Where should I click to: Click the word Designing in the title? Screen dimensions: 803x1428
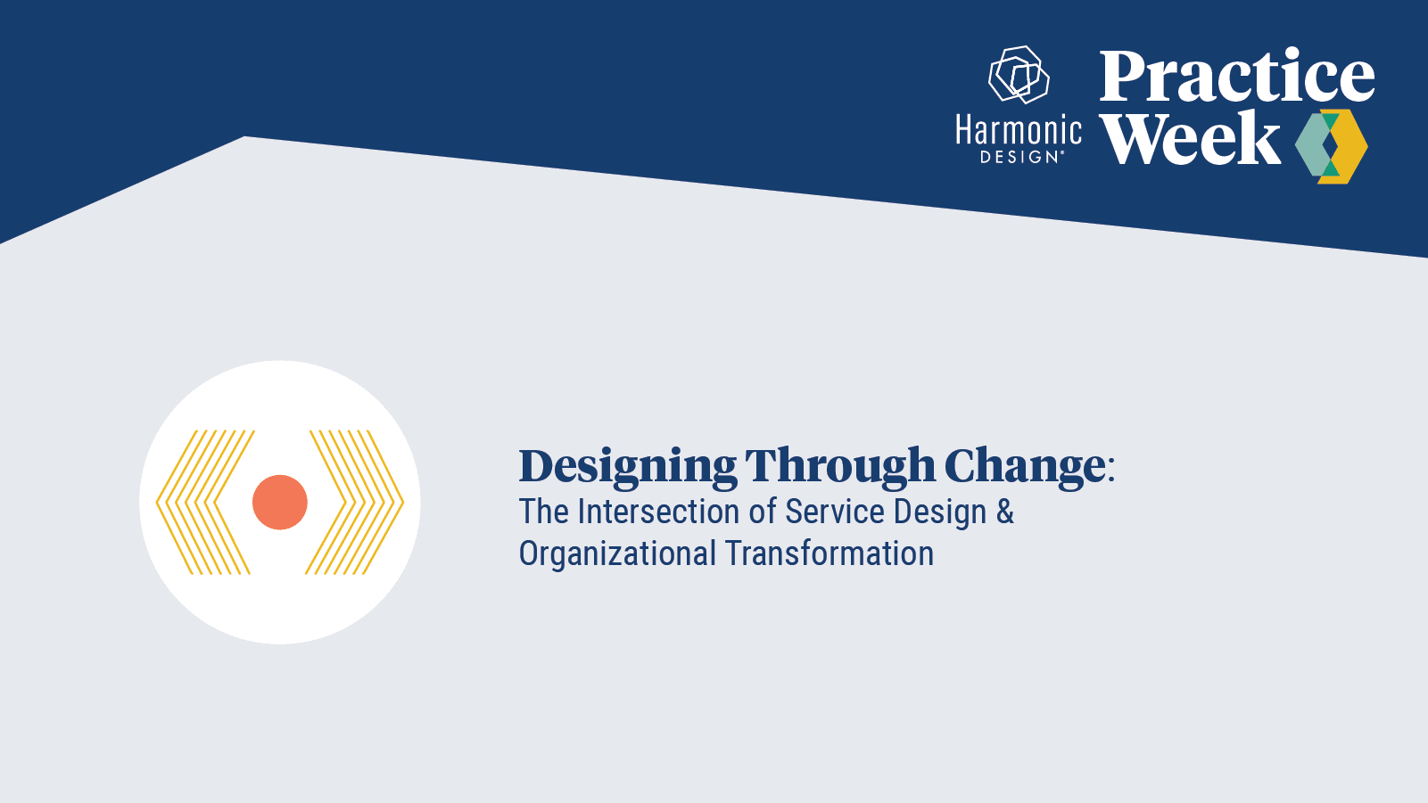(x=627, y=467)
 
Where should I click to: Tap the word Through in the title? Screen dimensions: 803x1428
(x=839, y=467)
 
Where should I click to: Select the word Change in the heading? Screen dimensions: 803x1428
(x=1024, y=467)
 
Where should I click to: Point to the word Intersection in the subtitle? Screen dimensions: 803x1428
(x=660, y=512)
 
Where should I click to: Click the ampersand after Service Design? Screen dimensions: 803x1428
(x=1005, y=512)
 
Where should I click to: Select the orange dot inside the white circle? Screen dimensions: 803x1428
(x=280, y=502)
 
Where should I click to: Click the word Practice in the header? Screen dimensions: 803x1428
(x=1236, y=77)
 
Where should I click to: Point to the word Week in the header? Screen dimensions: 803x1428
(x=1190, y=139)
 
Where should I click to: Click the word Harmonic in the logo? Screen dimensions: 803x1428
(x=1019, y=131)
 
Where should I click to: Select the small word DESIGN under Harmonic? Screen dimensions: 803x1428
(x=1019, y=157)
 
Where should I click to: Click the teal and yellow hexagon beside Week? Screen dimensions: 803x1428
(x=1331, y=147)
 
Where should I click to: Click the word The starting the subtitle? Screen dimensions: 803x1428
(x=543, y=512)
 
